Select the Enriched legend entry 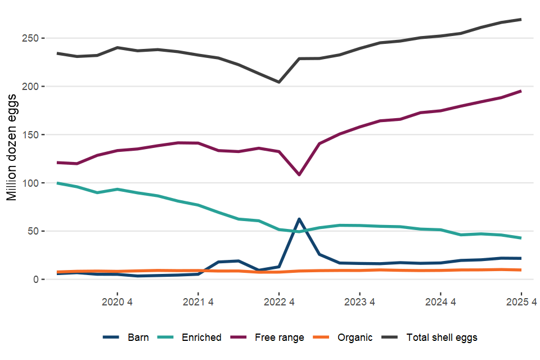[x=201, y=337]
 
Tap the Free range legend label [x=279, y=337]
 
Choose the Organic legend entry [x=354, y=337]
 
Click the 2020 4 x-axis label [x=117, y=301]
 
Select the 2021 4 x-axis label [x=198, y=301]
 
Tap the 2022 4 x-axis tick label [x=279, y=301]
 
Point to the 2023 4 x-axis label [x=359, y=301]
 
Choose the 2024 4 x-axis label [x=440, y=301]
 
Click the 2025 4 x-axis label [x=521, y=301]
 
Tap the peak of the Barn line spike [x=299, y=219]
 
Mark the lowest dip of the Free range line [x=299, y=175]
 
